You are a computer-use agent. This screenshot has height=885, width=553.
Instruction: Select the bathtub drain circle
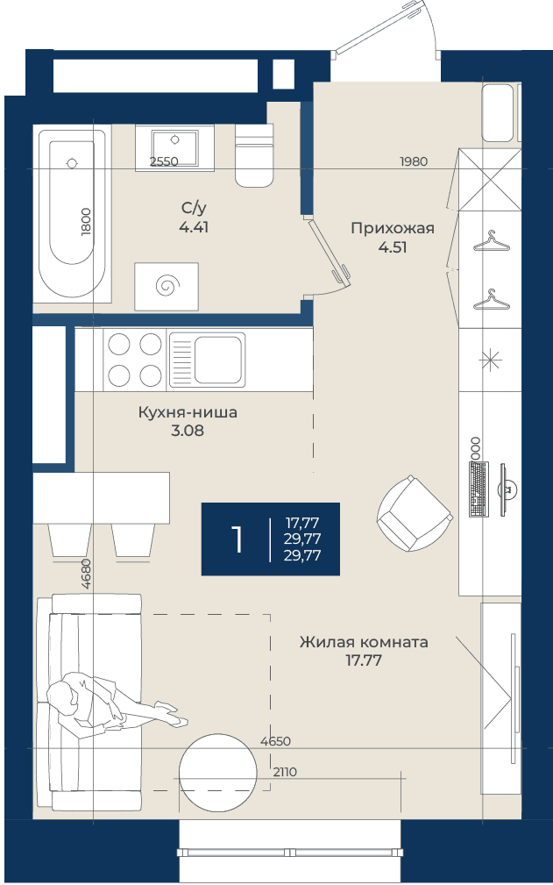point(72,164)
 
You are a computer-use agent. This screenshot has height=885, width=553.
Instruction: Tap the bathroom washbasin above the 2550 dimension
point(174,148)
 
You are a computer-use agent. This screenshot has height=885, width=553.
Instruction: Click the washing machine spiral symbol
point(167,286)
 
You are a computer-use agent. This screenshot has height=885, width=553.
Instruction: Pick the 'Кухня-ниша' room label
point(188,412)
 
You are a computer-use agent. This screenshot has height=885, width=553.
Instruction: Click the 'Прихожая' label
point(393,228)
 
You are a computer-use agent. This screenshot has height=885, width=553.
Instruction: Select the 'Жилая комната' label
point(364,642)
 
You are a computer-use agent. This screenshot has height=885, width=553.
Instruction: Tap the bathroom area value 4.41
point(194,227)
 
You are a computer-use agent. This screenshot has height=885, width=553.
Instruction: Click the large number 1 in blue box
point(237,539)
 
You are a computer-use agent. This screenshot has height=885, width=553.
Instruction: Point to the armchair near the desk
point(415,515)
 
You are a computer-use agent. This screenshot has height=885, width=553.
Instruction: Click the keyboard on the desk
point(479,489)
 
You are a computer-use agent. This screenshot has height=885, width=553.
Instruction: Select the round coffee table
point(217,772)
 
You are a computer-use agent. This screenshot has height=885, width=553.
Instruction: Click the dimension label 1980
point(414,161)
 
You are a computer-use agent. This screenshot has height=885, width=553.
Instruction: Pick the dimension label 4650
point(276,741)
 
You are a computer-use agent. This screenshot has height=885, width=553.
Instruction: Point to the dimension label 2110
point(285,772)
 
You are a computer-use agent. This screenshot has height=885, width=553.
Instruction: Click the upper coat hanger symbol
point(492,241)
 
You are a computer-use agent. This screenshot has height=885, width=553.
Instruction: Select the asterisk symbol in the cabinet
point(490,360)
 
